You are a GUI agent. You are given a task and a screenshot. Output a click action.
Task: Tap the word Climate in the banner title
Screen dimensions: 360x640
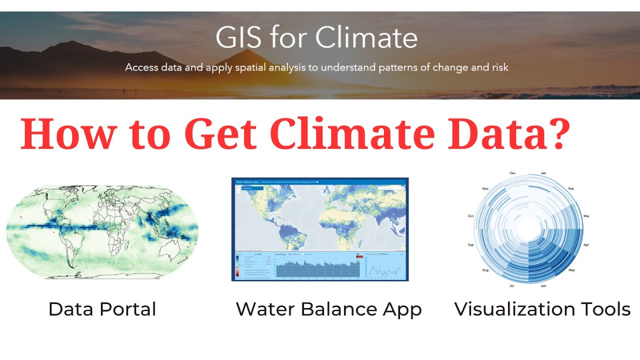[366, 37]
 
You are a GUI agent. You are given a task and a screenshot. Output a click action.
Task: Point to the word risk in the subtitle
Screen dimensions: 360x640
[497, 67]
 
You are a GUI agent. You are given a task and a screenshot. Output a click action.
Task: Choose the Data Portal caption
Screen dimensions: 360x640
[102, 309]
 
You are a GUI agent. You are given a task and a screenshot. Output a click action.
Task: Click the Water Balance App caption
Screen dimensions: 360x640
[328, 309]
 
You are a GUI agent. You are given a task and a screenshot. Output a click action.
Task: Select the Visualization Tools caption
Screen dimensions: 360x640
[542, 309]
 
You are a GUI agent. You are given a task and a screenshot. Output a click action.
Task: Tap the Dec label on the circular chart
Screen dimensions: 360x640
[512, 173]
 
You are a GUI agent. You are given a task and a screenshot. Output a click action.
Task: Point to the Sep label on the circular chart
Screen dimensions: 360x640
[470, 245]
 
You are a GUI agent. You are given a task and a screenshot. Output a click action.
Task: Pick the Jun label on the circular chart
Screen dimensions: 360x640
[543, 286]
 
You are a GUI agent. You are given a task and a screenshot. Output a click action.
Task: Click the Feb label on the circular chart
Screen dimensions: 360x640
[570, 189]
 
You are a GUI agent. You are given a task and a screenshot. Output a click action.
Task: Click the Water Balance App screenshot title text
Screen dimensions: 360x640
[246, 181]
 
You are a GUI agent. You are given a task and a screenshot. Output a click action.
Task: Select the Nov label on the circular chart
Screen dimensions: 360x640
[485, 189]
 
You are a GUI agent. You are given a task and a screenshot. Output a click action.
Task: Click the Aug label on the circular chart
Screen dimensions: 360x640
[485, 270]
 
